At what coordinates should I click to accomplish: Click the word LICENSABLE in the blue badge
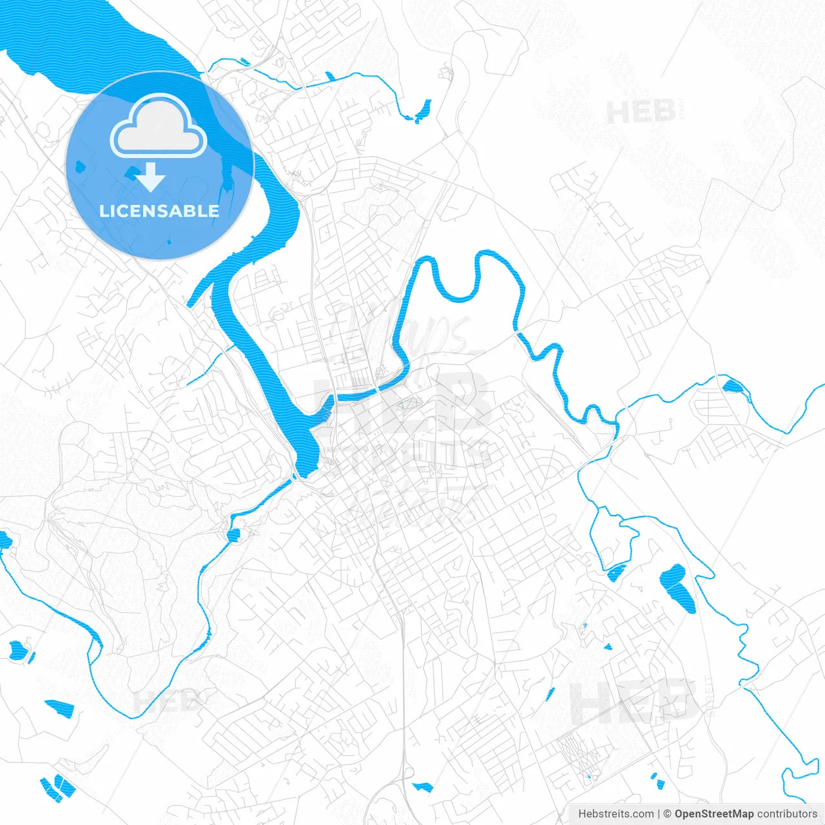click(x=159, y=211)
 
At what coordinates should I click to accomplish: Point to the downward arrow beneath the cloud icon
click(x=151, y=177)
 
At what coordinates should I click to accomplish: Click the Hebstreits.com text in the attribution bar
click(x=616, y=814)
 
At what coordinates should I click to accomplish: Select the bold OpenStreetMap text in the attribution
click(x=714, y=814)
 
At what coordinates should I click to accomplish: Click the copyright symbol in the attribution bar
click(x=668, y=814)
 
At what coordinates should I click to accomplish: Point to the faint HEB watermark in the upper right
click(x=641, y=113)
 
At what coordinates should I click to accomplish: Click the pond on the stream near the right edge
click(x=733, y=387)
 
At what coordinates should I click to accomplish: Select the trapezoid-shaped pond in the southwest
click(x=59, y=707)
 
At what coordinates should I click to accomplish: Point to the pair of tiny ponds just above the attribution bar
click(x=657, y=781)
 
